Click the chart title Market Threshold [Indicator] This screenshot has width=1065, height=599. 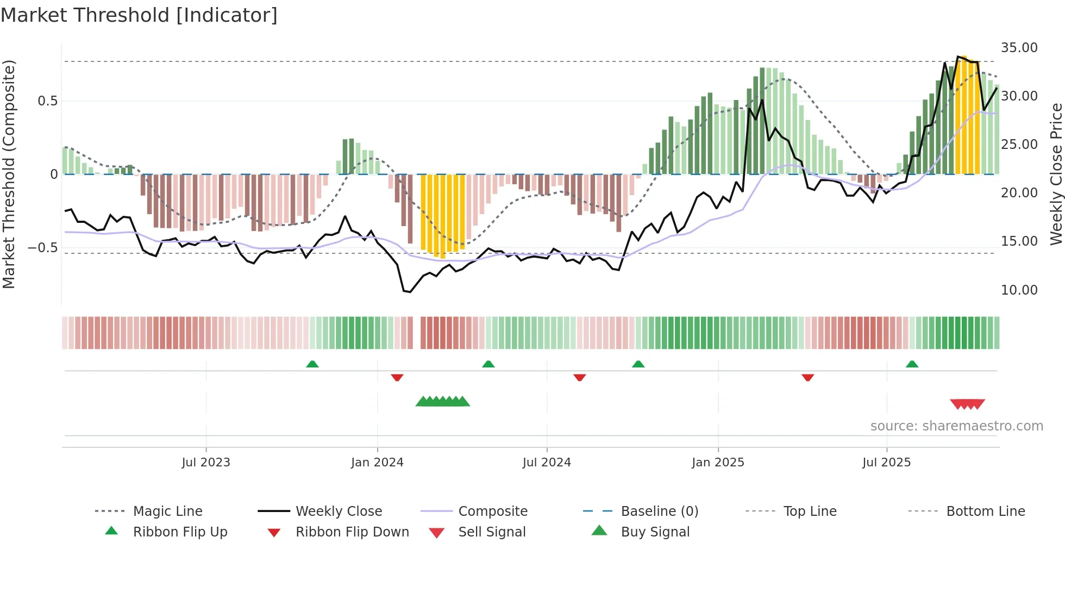tap(139, 15)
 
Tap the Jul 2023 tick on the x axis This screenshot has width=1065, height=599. tap(206, 463)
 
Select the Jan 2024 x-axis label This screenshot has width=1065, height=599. tap(377, 463)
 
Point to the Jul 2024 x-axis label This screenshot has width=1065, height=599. tap(547, 463)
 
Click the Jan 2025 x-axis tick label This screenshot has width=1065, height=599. tap(718, 463)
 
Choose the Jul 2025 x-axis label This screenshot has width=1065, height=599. tap(886, 463)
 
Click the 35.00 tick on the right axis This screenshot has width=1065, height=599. tap(1019, 48)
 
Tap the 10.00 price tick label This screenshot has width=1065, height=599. tap(1019, 290)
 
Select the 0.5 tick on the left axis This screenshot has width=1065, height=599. tap(47, 101)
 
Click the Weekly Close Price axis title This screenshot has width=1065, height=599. tap(1056, 174)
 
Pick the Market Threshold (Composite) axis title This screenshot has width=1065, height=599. tap(9, 174)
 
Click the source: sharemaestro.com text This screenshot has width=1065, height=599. tap(956, 426)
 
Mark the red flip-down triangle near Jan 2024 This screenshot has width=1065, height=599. tap(397, 377)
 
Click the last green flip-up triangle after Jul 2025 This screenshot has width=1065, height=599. tap(912, 364)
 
